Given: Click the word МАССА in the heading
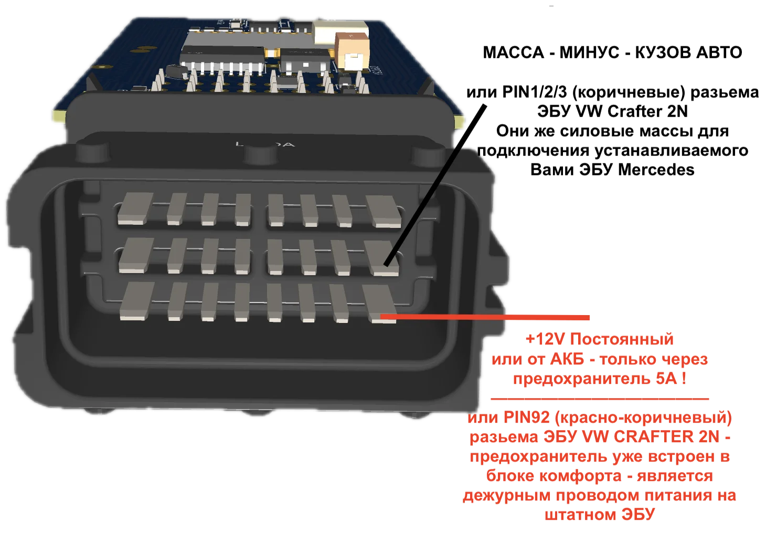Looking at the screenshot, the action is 513,53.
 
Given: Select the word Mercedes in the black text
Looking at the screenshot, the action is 656,170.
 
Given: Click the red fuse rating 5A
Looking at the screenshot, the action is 666,379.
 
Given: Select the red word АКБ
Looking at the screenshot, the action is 567,359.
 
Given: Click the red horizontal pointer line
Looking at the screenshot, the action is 485,317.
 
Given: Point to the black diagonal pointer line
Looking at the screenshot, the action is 435,185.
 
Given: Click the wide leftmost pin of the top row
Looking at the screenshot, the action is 135,208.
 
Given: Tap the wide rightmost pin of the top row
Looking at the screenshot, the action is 384,211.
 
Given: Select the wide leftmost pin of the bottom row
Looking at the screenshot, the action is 137,301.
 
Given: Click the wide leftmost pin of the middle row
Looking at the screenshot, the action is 136,255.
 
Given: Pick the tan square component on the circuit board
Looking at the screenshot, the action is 352,50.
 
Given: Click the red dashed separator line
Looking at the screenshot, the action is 600,399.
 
